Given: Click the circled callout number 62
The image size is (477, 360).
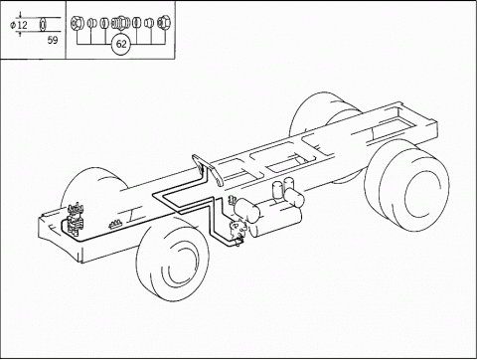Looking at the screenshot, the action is click(121, 44).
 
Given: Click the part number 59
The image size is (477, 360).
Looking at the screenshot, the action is click(53, 40).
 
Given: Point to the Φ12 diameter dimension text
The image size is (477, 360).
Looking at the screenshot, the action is click(19, 25).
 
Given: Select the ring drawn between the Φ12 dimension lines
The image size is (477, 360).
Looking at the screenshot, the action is click(43, 25).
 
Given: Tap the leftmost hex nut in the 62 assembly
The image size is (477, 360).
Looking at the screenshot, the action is click(77, 23).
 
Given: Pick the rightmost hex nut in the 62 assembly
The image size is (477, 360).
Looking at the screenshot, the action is click(163, 23).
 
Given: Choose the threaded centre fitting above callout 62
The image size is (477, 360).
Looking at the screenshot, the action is click(120, 23).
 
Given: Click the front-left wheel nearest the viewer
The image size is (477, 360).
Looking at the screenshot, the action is click(172, 259).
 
